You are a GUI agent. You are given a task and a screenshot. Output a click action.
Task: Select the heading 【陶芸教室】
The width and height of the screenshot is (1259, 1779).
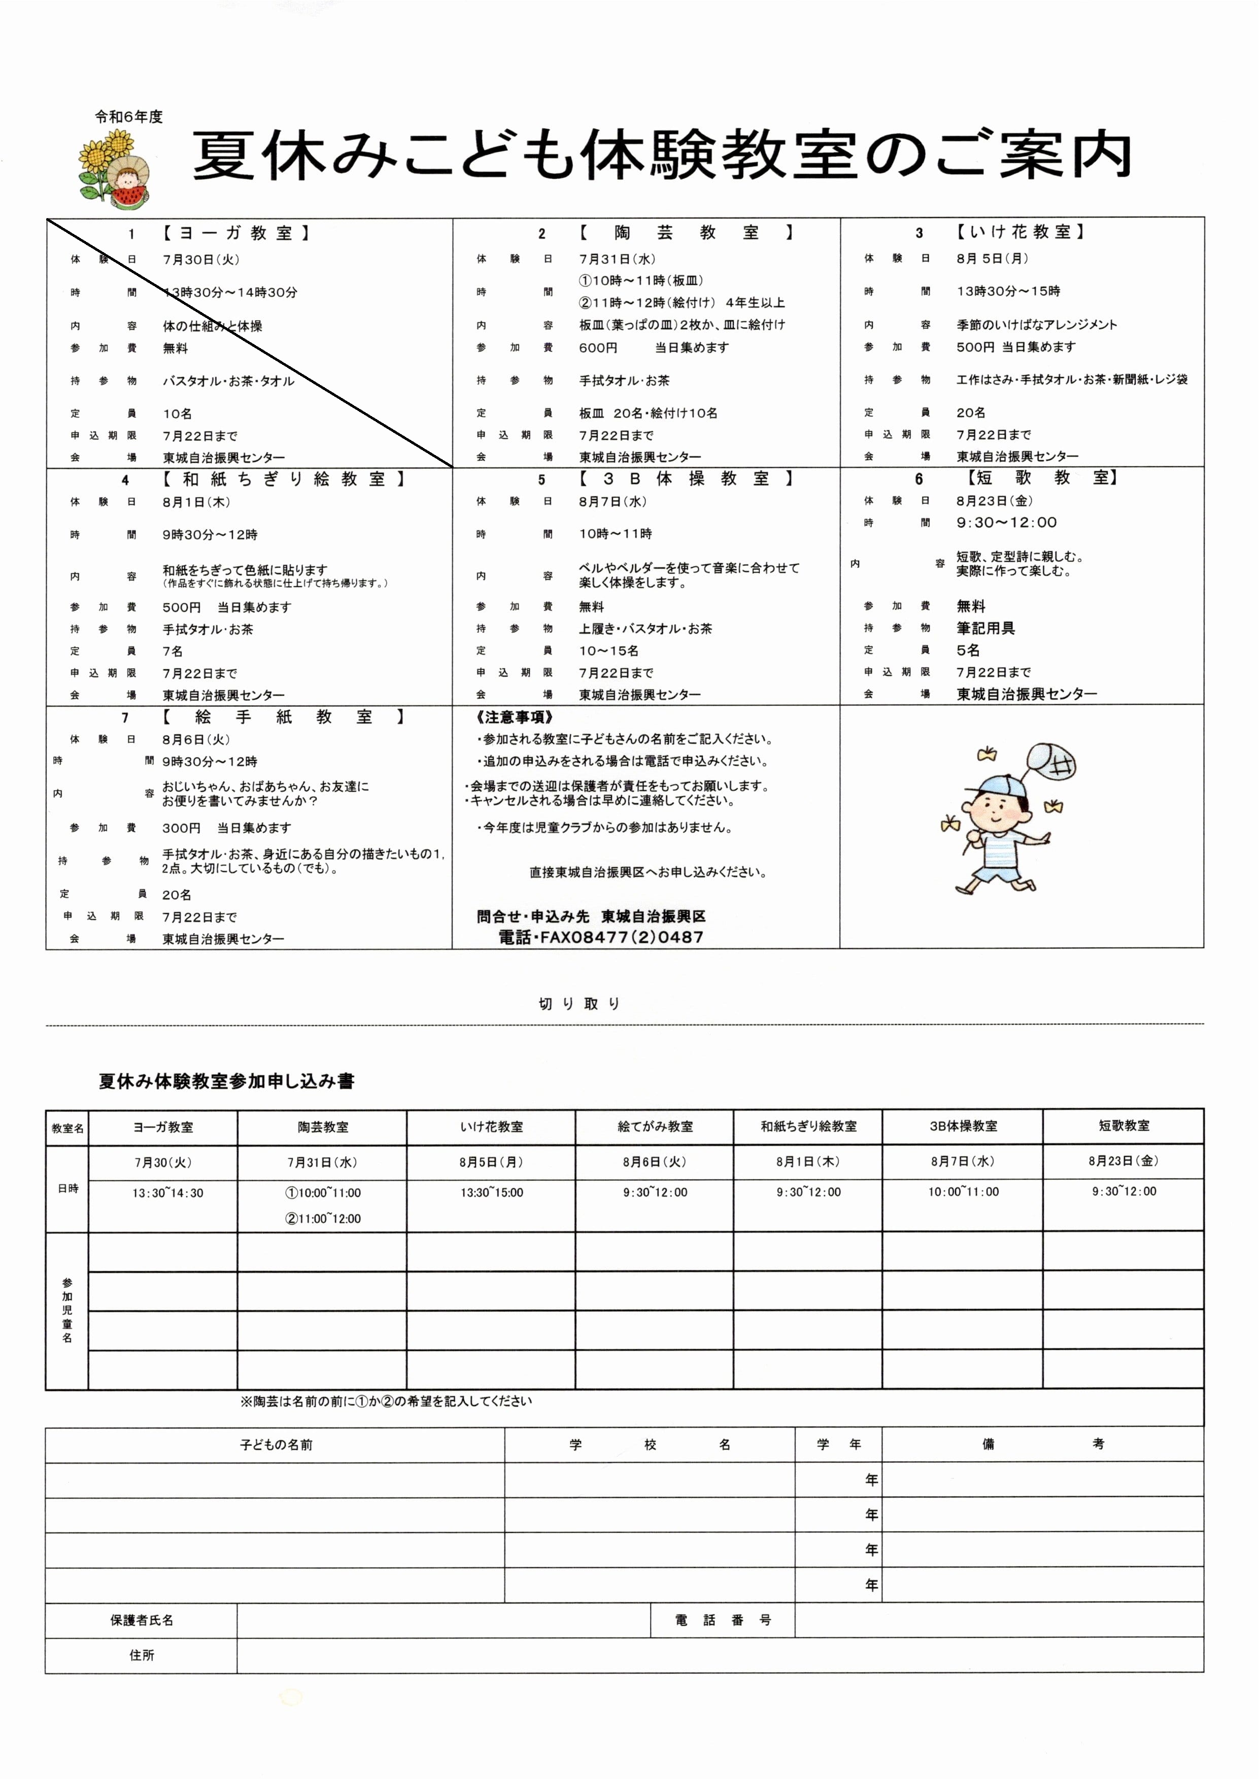686,232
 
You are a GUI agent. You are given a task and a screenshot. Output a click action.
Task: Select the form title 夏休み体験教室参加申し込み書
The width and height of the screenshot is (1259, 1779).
226,1081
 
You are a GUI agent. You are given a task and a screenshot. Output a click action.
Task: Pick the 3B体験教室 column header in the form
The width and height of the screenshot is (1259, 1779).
963,1126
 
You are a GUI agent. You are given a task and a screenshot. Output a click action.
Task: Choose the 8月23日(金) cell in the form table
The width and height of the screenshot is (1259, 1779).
1124,1161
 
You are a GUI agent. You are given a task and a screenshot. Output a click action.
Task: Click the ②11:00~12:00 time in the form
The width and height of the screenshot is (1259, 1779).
323,1218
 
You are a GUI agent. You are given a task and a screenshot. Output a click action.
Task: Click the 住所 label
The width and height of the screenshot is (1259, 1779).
141,1655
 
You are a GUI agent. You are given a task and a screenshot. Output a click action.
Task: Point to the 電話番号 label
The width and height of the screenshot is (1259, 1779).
723,1619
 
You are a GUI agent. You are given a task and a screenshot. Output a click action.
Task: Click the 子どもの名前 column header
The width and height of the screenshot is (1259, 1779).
276,1445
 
